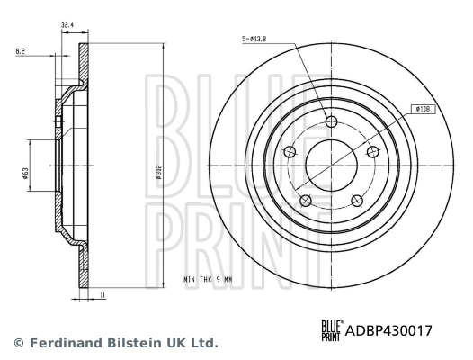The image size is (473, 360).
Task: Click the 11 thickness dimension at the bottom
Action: click(103, 294)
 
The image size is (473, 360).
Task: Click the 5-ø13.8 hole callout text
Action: click(257, 39)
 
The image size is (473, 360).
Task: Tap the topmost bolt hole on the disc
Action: click(330, 122)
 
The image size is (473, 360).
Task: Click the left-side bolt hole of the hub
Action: click(290, 152)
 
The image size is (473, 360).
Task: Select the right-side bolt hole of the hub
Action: click(370, 152)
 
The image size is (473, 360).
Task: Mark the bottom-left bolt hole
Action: click(305, 200)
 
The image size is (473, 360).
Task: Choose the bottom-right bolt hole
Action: click(355, 200)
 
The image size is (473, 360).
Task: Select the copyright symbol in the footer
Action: click(16, 343)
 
